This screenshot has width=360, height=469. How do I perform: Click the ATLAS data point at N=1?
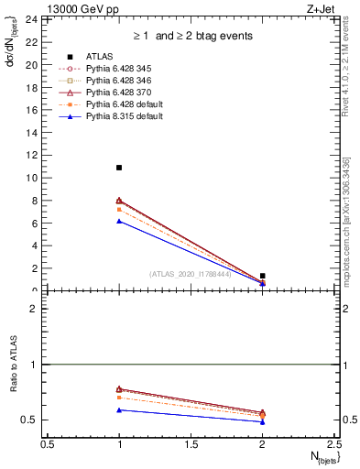click(x=119, y=168)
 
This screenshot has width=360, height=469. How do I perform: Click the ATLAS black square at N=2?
click(x=263, y=276)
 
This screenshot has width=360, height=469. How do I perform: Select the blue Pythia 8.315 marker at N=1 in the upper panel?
click(x=119, y=221)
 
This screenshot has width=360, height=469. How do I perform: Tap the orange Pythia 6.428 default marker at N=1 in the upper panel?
click(x=119, y=210)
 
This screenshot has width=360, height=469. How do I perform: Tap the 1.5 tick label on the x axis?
click(x=191, y=443)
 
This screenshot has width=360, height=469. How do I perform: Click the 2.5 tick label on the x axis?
click(x=333, y=443)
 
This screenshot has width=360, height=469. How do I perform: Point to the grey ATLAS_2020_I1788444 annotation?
click(x=191, y=274)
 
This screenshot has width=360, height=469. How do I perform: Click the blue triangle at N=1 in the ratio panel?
click(x=119, y=409)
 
